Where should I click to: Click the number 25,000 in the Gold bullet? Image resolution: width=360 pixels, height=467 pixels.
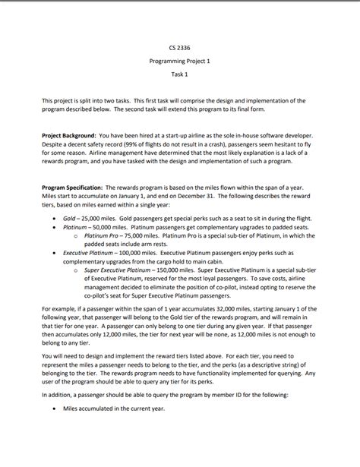tap(93, 216)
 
